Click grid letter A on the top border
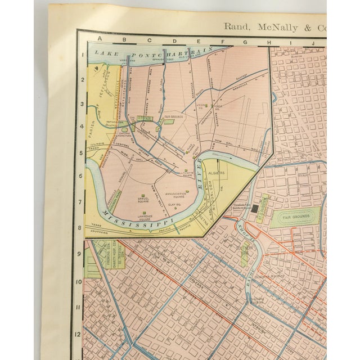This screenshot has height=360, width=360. click(99, 40)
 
